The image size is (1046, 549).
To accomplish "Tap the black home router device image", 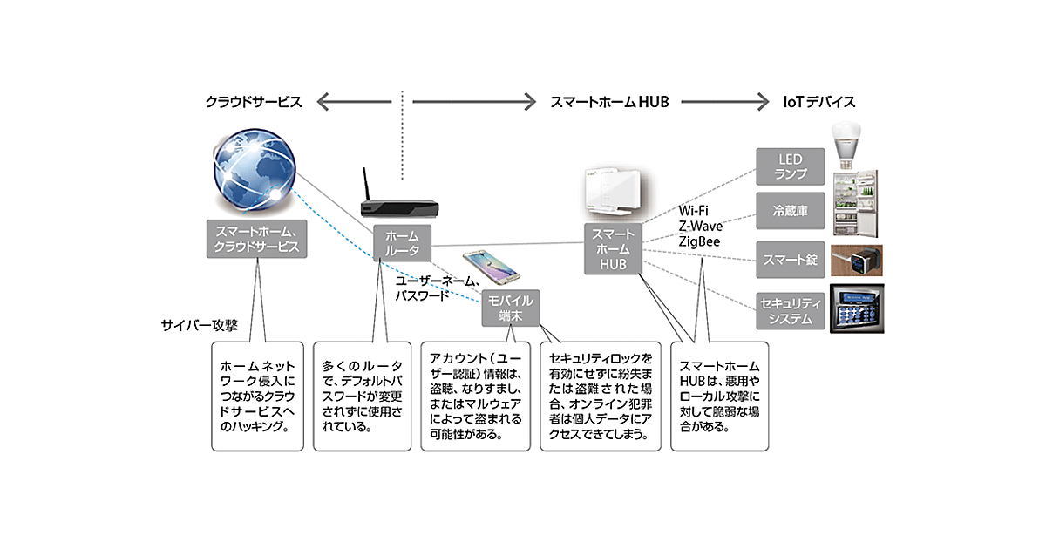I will pyautogui.click(x=397, y=207).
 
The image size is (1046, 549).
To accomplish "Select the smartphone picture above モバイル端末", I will pyautogui.click(x=489, y=269).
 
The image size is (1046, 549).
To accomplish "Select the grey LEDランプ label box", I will pyautogui.click(x=787, y=166).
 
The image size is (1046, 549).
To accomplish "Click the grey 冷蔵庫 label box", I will pyautogui.click(x=787, y=211).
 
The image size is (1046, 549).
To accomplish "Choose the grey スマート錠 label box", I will pyautogui.click(x=787, y=259).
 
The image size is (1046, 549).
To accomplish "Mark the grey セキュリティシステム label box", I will pyautogui.click(x=787, y=310).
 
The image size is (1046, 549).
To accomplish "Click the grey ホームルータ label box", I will pyautogui.click(x=402, y=243).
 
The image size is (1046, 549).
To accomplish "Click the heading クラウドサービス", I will pyautogui.click(x=254, y=102).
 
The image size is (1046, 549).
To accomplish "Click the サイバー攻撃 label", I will pyautogui.click(x=200, y=325).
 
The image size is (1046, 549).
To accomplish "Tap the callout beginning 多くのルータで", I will pyautogui.click(x=361, y=396).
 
